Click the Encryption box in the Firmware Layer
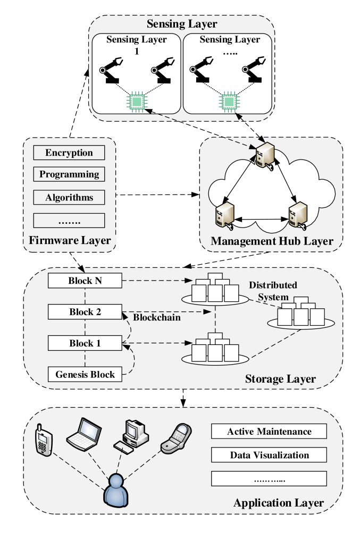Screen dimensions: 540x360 69,153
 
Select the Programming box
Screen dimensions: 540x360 69,174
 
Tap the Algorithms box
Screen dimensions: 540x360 69,198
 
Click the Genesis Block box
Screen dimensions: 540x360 85,374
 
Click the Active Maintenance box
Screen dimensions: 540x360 269,431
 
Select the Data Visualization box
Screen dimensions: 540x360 269,455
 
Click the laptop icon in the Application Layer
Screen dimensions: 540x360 83,434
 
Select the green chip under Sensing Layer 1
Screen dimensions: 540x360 136,101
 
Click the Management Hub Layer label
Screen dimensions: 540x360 272,242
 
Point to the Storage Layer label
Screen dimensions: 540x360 280,379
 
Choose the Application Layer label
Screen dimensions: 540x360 278,502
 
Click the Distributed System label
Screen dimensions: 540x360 273,291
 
